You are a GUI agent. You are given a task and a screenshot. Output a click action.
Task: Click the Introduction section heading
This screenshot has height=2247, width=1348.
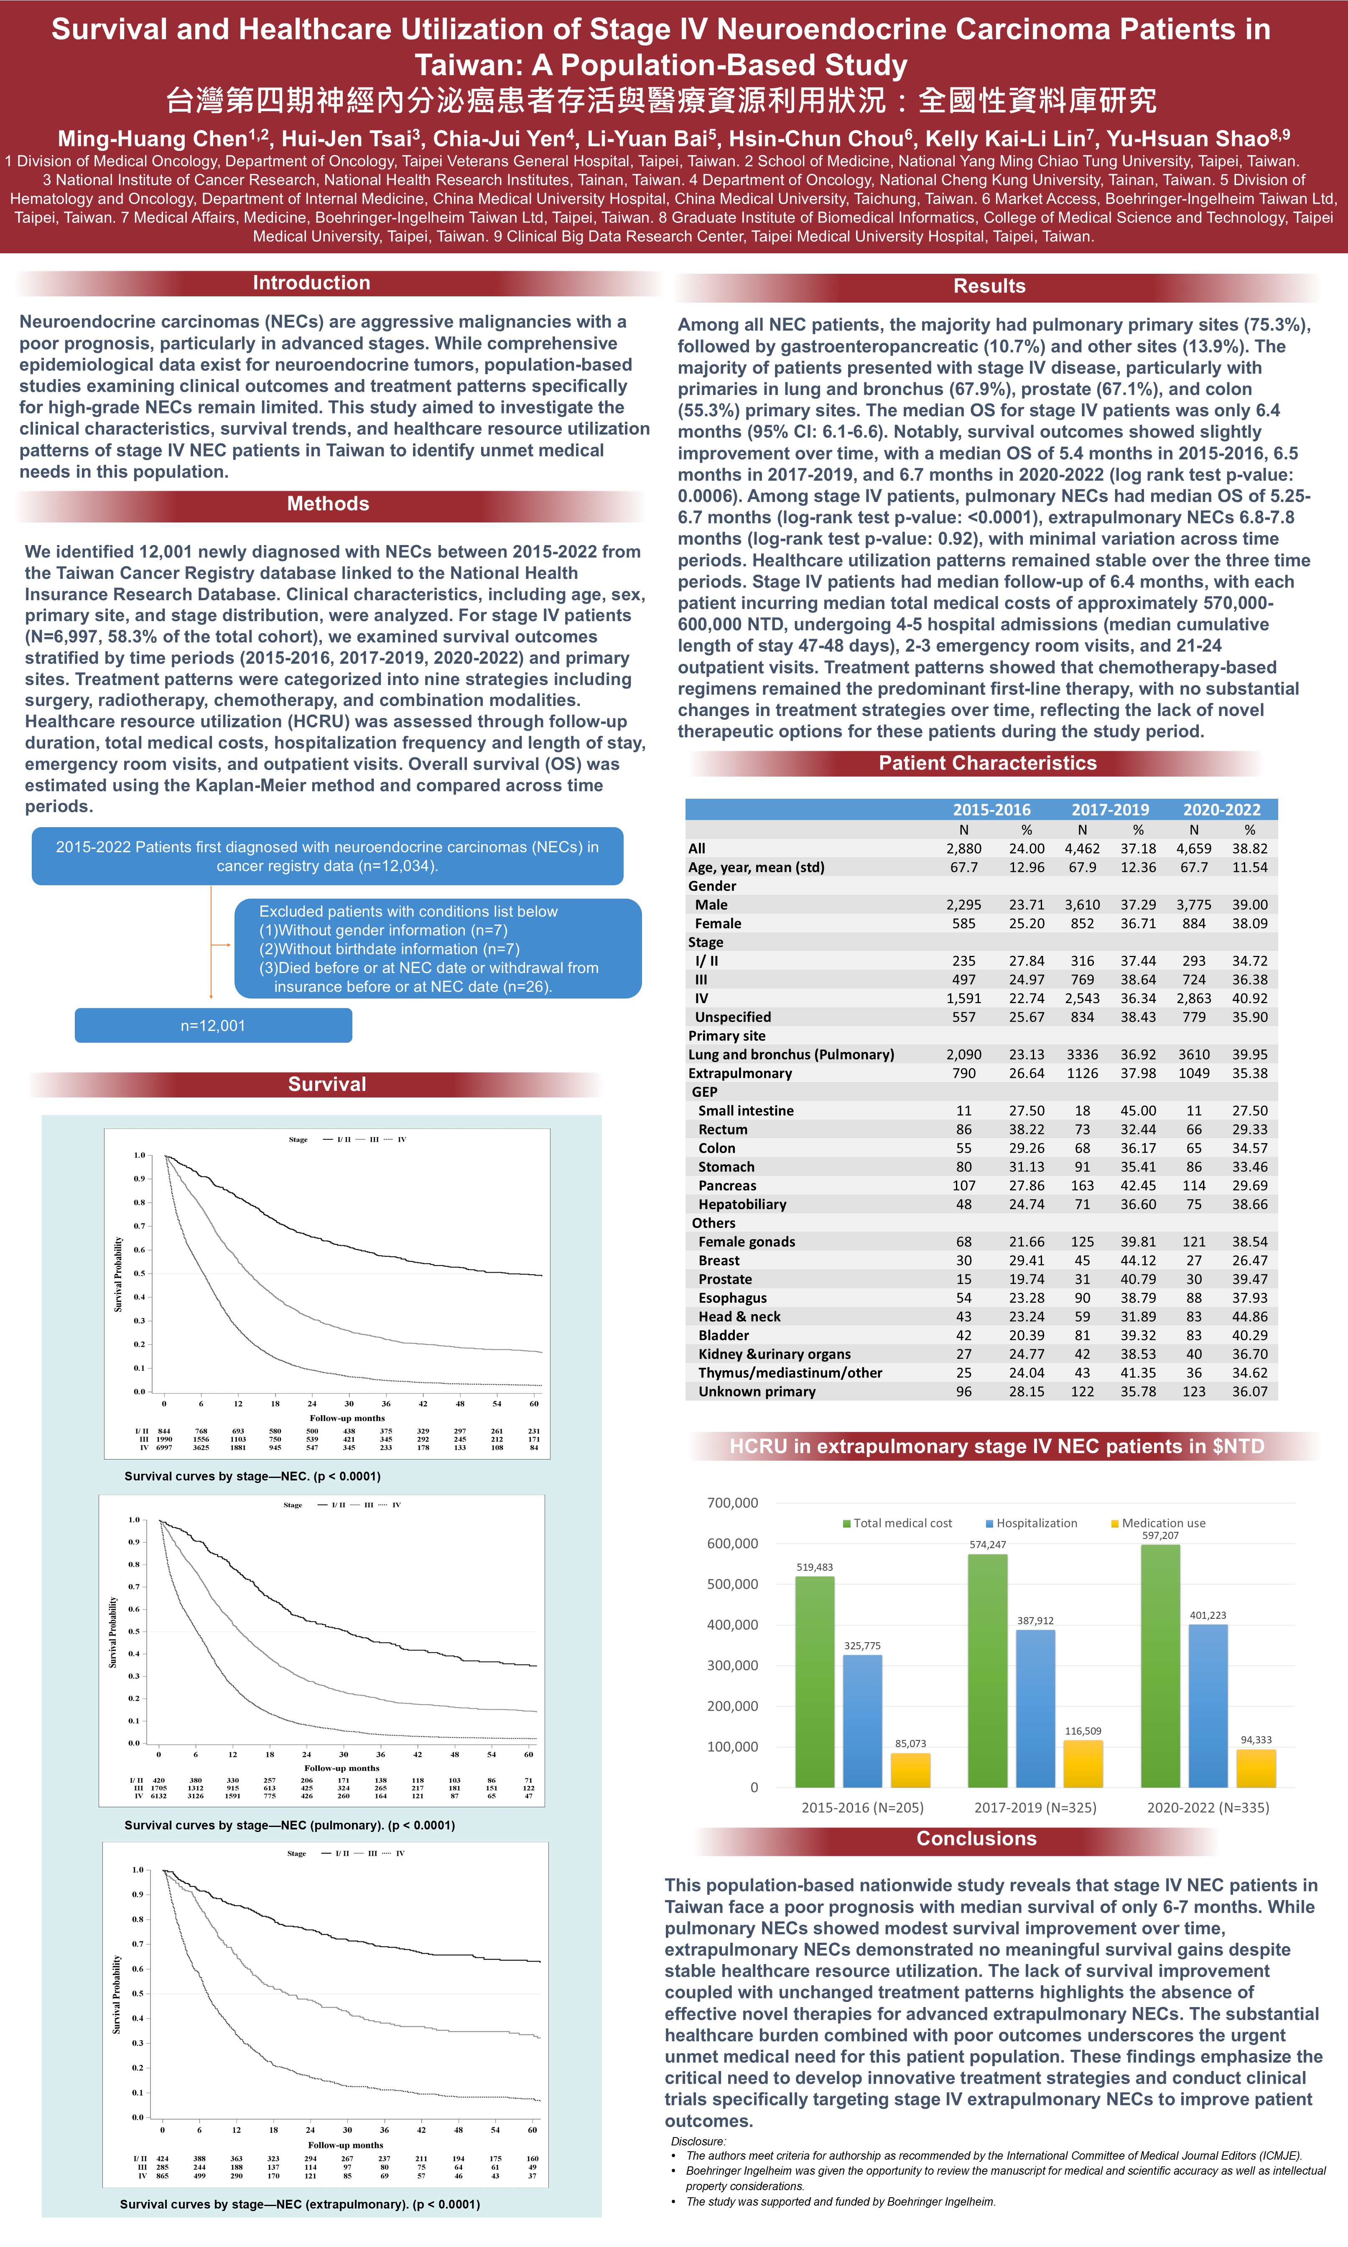coord(311,283)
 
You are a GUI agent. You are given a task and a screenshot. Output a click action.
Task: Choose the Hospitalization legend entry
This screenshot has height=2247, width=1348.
coord(1035,1523)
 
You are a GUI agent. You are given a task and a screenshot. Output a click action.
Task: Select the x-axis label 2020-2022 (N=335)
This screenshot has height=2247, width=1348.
coord(1208,1807)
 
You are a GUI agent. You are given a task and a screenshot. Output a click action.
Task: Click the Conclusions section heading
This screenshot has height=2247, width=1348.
coord(976,1838)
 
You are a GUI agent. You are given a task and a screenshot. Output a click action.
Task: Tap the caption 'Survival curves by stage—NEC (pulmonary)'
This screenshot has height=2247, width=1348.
coord(289,1825)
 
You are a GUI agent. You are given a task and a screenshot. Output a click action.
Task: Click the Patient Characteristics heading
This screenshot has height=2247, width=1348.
coord(987,763)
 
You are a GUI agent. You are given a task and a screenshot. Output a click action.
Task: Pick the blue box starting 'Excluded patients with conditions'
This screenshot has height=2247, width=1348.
coord(438,948)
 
